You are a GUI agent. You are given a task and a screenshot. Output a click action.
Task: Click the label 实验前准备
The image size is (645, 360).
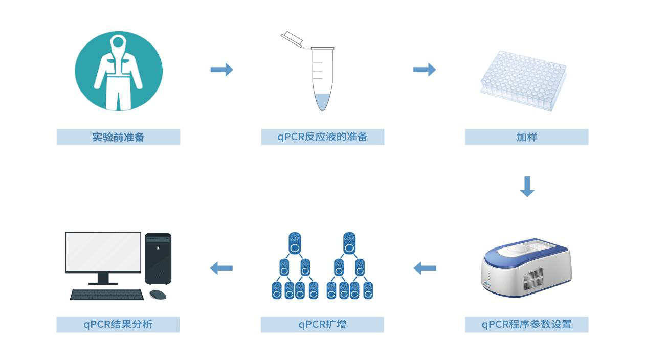tap(118, 137)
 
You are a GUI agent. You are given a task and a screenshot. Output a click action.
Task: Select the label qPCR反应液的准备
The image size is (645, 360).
tap(322, 137)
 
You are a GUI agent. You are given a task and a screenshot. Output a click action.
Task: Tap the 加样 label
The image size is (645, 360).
tap(526, 137)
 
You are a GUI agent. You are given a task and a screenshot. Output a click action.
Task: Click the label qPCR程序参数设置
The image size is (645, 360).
tap(526, 324)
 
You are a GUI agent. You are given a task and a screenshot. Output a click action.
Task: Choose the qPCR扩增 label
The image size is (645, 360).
tap(322, 324)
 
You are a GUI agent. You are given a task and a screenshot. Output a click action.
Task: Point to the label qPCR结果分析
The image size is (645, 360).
tap(118, 324)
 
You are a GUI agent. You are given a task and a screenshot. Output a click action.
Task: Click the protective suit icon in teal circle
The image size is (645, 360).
tap(119, 71)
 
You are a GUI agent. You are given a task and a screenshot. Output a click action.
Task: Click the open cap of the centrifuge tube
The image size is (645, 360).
tap(292, 39)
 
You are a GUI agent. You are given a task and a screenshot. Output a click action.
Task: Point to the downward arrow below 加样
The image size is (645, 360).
tap(527, 187)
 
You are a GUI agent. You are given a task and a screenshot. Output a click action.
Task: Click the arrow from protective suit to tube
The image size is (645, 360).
tap(221, 70)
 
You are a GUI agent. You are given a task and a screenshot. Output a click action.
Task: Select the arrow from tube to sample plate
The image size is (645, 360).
tap(425, 70)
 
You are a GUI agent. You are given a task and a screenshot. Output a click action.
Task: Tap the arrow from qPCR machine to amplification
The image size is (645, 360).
tap(425, 267)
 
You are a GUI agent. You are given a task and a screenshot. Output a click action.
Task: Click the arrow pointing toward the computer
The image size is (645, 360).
tap(221, 267)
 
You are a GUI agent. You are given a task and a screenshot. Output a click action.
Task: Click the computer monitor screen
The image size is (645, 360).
tap(103, 252)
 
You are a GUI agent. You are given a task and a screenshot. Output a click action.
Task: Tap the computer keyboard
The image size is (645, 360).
tap(107, 295)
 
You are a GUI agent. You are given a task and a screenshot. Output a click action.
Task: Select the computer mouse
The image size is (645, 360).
tap(158, 295)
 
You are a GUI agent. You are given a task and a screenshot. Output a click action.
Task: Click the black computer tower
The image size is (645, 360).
tap(158, 258)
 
